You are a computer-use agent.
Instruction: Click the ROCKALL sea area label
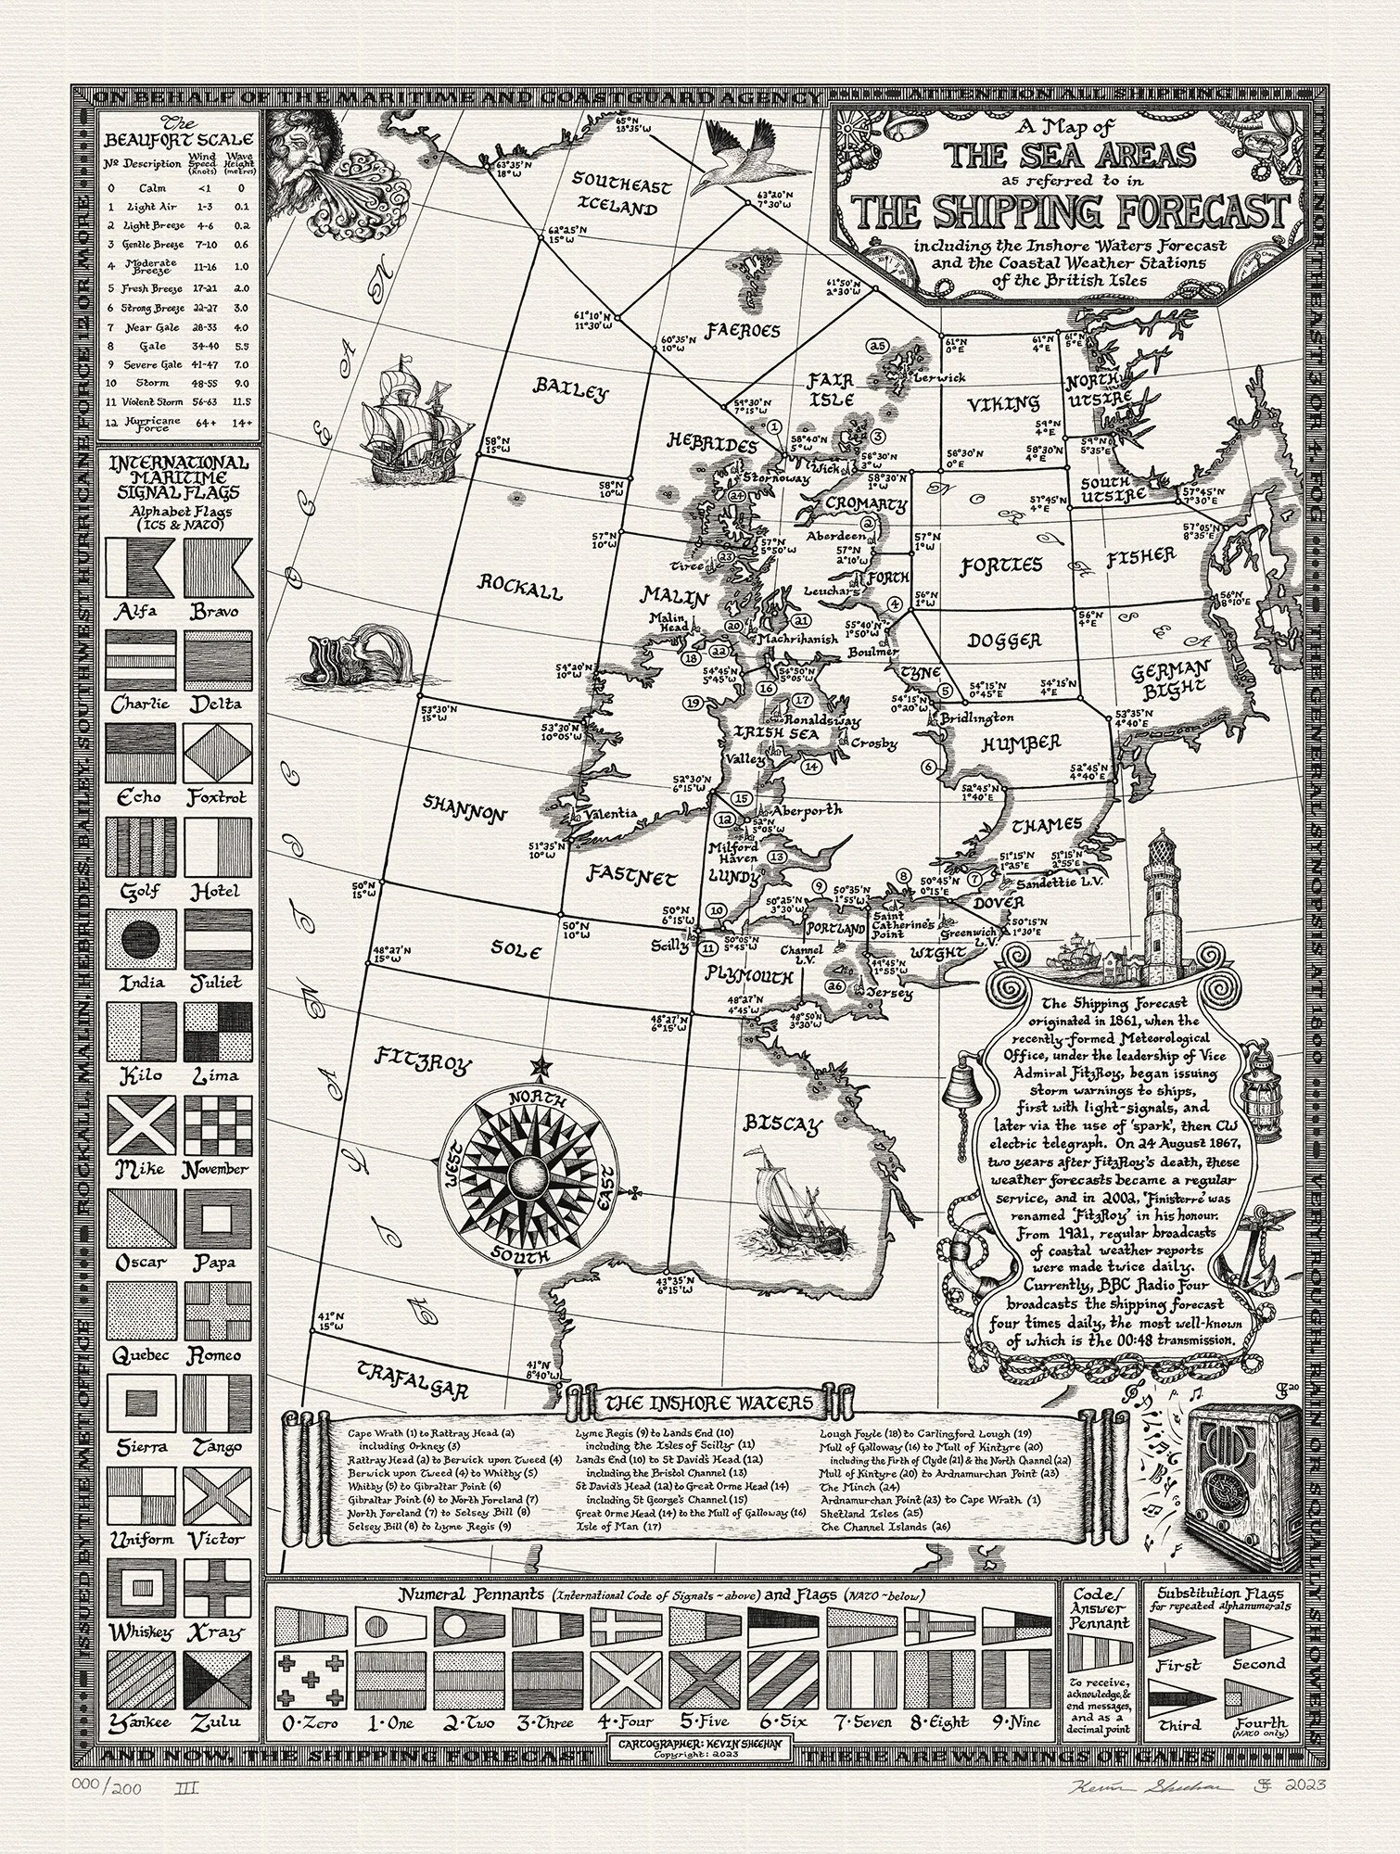520,586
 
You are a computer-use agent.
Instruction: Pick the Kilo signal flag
139,1030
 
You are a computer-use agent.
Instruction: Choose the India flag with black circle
139,937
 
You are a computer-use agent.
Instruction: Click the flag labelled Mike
139,1124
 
